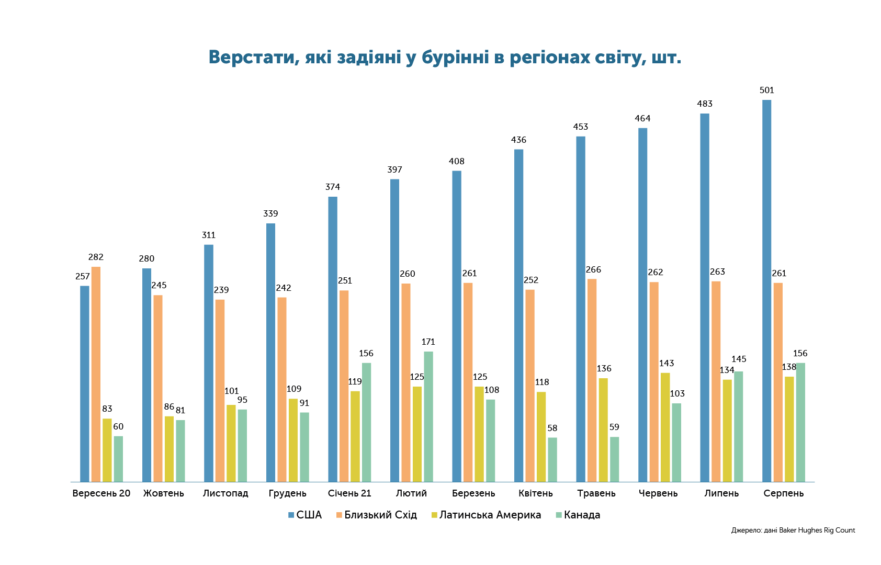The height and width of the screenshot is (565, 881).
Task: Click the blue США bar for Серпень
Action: tap(766, 290)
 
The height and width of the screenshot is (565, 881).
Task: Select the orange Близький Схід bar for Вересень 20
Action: tap(96, 374)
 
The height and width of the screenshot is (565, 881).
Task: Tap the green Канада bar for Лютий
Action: tap(428, 416)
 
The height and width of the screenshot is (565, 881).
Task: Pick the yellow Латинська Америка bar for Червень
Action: tap(665, 427)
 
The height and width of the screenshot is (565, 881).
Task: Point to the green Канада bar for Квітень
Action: tap(552, 460)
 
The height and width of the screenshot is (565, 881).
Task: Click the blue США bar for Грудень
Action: tap(270, 353)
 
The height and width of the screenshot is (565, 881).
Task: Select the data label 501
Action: tap(766, 91)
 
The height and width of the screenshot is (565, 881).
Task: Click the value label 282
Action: tap(96, 257)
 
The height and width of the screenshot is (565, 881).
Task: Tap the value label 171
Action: tap(428, 342)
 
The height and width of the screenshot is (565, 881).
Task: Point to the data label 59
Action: tap(614, 427)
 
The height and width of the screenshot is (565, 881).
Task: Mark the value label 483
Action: tap(705, 104)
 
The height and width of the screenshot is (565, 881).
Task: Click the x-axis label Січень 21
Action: tap(349, 493)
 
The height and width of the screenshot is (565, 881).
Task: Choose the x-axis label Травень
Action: tap(596, 493)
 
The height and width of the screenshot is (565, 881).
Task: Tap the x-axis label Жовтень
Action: tap(164, 493)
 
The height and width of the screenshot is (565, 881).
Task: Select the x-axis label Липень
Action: tap(721, 493)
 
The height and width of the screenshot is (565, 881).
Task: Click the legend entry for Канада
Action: tap(578, 515)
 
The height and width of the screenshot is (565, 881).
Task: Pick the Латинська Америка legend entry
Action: tap(486, 515)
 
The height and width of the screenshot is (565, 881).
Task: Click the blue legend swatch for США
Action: tap(291, 515)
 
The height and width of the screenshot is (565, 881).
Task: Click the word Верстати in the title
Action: tap(251, 58)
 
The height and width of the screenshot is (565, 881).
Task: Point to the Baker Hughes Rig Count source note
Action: tap(793, 530)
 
